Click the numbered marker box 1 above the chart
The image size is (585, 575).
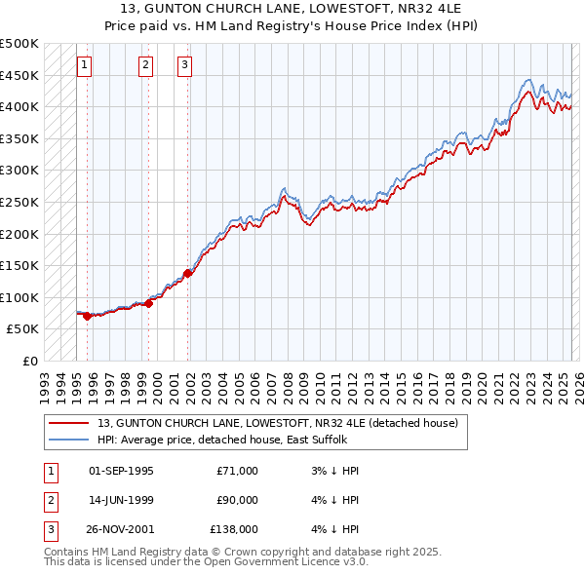(85, 65)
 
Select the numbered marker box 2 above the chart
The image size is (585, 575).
(145, 65)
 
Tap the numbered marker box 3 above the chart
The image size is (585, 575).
(185, 65)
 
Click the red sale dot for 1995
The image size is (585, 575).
(87, 316)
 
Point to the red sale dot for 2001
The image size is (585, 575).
(188, 273)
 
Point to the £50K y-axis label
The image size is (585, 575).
(23, 329)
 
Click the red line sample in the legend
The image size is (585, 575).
(69, 424)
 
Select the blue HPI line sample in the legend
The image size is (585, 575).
(69, 440)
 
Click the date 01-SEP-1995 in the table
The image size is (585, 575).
(121, 471)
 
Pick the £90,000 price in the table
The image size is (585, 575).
(237, 500)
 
